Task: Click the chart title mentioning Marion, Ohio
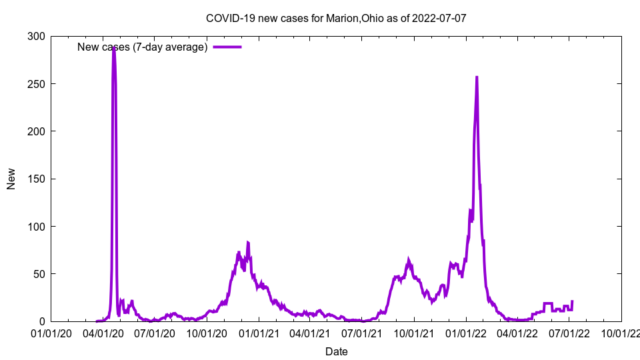tap(335, 18)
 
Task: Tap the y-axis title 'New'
tap(11, 179)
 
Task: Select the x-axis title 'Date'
tap(336, 351)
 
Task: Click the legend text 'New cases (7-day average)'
tap(142, 47)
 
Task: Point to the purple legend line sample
tap(227, 47)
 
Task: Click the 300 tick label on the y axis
tap(36, 36)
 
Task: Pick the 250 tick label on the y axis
tap(36, 83)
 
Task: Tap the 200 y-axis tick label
tap(36, 131)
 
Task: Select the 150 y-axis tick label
tap(36, 179)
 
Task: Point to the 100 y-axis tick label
tap(36, 226)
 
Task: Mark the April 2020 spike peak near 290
tap(113, 48)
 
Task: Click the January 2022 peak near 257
tap(477, 77)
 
